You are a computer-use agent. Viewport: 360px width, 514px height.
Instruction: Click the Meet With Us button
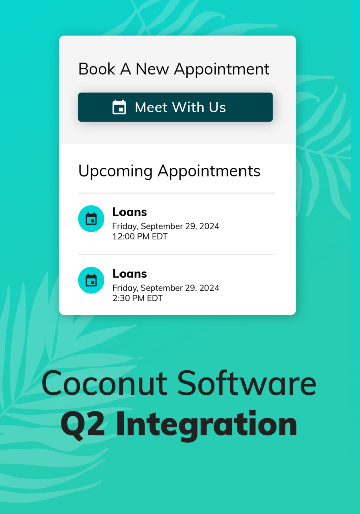click(x=175, y=107)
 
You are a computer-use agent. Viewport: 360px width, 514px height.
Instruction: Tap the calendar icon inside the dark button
click(x=119, y=107)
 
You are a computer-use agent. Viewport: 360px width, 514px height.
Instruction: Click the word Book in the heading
click(x=97, y=69)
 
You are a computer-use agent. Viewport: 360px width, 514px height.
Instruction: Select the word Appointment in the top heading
click(x=221, y=69)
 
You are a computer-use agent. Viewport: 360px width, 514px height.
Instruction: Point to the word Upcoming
click(x=115, y=172)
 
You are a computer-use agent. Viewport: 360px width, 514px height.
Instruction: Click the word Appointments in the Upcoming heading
click(x=209, y=172)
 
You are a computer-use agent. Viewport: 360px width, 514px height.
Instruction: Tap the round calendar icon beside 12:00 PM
click(x=91, y=219)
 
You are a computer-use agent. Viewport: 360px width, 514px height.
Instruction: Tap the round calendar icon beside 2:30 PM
click(x=91, y=280)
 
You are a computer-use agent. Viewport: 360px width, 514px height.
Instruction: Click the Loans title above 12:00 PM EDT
click(x=130, y=212)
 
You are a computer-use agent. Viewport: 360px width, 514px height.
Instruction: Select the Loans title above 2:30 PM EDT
click(x=130, y=274)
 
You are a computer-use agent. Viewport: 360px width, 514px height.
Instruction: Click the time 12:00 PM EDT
click(x=140, y=237)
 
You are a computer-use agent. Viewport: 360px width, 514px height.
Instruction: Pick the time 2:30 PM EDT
click(x=138, y=298)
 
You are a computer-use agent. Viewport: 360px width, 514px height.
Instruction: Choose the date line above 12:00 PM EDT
click(x=166, y=226)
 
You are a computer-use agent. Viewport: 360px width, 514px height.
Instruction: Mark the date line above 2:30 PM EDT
click(x=166, y=288)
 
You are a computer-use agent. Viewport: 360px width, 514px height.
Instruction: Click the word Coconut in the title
click(x=104, y=383)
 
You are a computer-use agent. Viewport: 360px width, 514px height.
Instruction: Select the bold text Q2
click(x=83, y=424)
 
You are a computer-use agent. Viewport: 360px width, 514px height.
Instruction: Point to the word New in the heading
click(x=152, y=69)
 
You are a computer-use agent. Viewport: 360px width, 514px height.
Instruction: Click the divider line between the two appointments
click(x=176, y=254)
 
